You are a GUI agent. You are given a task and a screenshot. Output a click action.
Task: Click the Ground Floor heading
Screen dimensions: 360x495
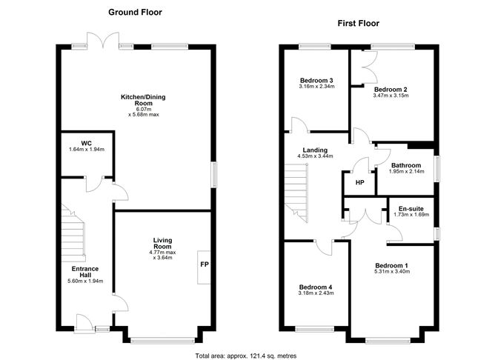pyautogui.click(x=135, y=12)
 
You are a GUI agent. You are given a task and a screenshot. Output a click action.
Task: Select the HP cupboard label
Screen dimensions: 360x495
pyautogui.click(x=359, y=183)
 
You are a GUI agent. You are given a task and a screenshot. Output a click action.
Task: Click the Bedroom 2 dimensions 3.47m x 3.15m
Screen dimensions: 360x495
pyautogui.click(x=391, y=95)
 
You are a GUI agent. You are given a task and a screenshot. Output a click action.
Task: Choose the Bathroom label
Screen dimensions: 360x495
pyautogui.click(x=406, y=165)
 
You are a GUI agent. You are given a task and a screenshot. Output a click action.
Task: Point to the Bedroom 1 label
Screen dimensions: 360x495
pyautogui.click(x=392, y=265)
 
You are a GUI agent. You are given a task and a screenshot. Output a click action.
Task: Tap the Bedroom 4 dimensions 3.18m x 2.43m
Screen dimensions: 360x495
pyautogui.click(x=316, y=293)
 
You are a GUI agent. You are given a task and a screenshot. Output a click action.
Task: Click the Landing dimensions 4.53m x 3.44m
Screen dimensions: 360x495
pyautogui.click(x=315, y=156)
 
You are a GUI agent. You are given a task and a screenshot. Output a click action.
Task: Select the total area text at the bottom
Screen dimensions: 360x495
pyautogui.click(x=247, y=355)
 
